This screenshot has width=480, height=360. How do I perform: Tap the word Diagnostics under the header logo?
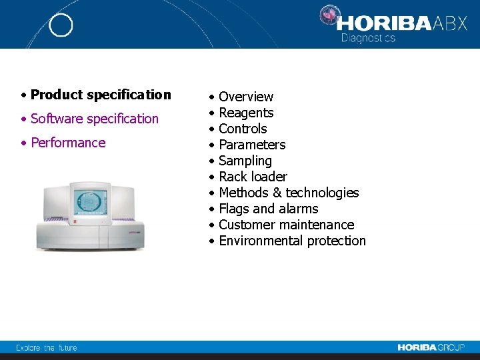coord(368,38)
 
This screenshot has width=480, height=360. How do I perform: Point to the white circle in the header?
coord(61,25)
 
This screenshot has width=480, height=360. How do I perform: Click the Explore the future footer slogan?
coord(47,347)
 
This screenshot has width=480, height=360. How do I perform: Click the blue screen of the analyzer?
coord(89,201)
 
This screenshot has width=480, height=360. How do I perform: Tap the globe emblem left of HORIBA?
coord(329,16)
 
